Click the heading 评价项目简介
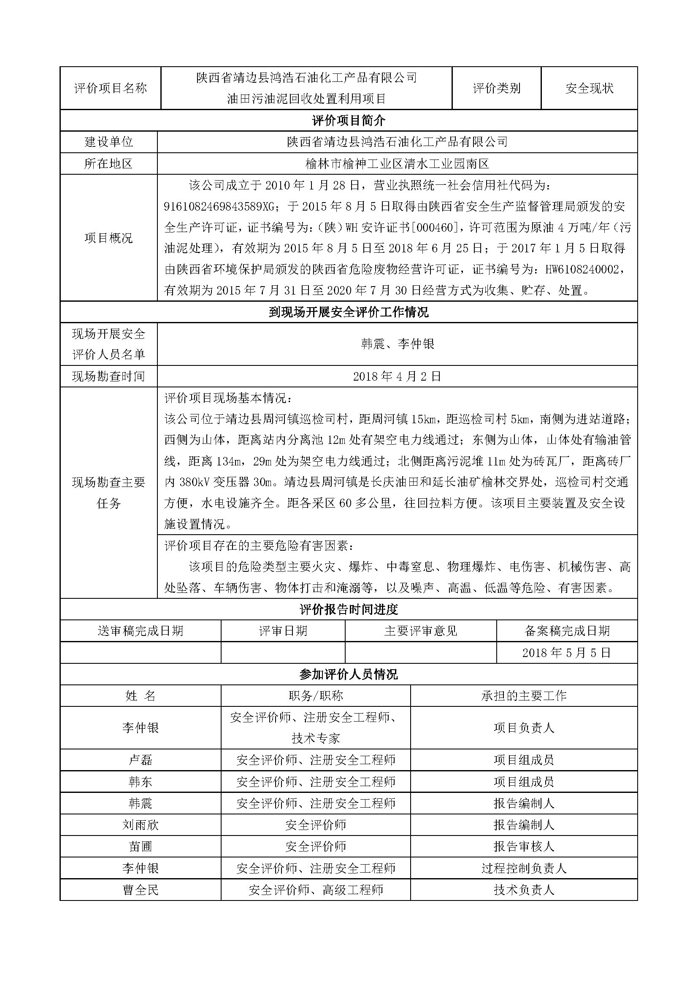(349, 120)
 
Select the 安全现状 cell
(589, 88)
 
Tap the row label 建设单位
(109, 142)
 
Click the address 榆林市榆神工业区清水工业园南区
(397, 163)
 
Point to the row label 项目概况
(109, 238)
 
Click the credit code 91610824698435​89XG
(219, 207)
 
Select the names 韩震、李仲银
(397, 344)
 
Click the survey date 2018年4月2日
(397, 376)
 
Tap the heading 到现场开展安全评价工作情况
(349, 312)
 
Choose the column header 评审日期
(283, 630)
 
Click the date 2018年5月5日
(566, 652)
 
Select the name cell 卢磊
(141, 760)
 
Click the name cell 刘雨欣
(141, 825)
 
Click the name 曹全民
(141, 890)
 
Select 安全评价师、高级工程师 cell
(316, 890)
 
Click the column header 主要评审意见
(420, 630)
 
